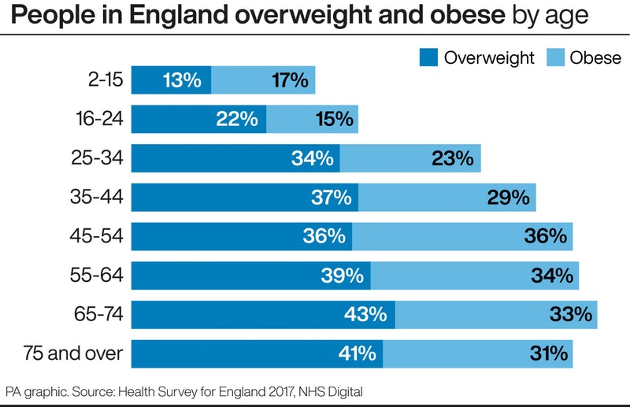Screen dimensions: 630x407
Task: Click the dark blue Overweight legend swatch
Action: point(428,57)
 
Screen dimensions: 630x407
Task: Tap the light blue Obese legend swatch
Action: point(555,57)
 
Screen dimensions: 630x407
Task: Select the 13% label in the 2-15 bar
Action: point(182,80)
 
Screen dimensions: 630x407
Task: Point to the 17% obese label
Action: point(290,80)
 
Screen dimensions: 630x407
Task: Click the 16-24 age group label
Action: point(100,119)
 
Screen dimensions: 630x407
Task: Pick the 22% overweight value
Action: point(237,119)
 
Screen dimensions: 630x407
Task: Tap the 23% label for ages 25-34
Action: point(453,158)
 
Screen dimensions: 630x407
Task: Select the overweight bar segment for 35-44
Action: point(245,198)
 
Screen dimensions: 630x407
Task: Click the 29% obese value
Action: point(508,198)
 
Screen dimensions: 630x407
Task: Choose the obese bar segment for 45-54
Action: point(462,236)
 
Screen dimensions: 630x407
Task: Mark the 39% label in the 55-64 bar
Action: point(343,276)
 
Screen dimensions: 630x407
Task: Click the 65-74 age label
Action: point(98,314)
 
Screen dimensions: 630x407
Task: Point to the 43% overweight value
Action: point(365,314)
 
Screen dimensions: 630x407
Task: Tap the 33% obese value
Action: point(571,314)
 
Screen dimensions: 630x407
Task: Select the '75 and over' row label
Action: point(72,353)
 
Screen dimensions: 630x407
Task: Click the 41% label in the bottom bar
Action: point(358,353)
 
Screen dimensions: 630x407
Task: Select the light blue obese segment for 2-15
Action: point(263,80)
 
